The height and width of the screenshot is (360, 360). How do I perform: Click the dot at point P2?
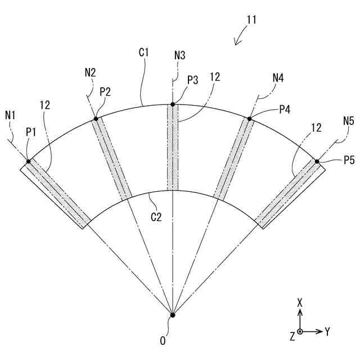point(96,118)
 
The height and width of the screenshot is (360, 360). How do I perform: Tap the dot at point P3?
point(173,105)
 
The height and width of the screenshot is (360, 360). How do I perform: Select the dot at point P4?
point(249,118)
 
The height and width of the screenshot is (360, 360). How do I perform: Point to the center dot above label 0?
point(173,315)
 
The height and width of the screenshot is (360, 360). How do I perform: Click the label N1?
point(11,115)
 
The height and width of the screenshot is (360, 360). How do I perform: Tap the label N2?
point(90,72)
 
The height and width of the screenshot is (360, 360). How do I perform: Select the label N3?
point(179,55)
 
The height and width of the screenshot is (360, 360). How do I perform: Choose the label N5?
point(349,120)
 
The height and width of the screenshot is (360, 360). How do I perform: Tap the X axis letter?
point(300,303)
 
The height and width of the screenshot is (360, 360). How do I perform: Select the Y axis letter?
point(327,332)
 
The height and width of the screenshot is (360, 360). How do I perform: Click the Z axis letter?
point(292,336)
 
